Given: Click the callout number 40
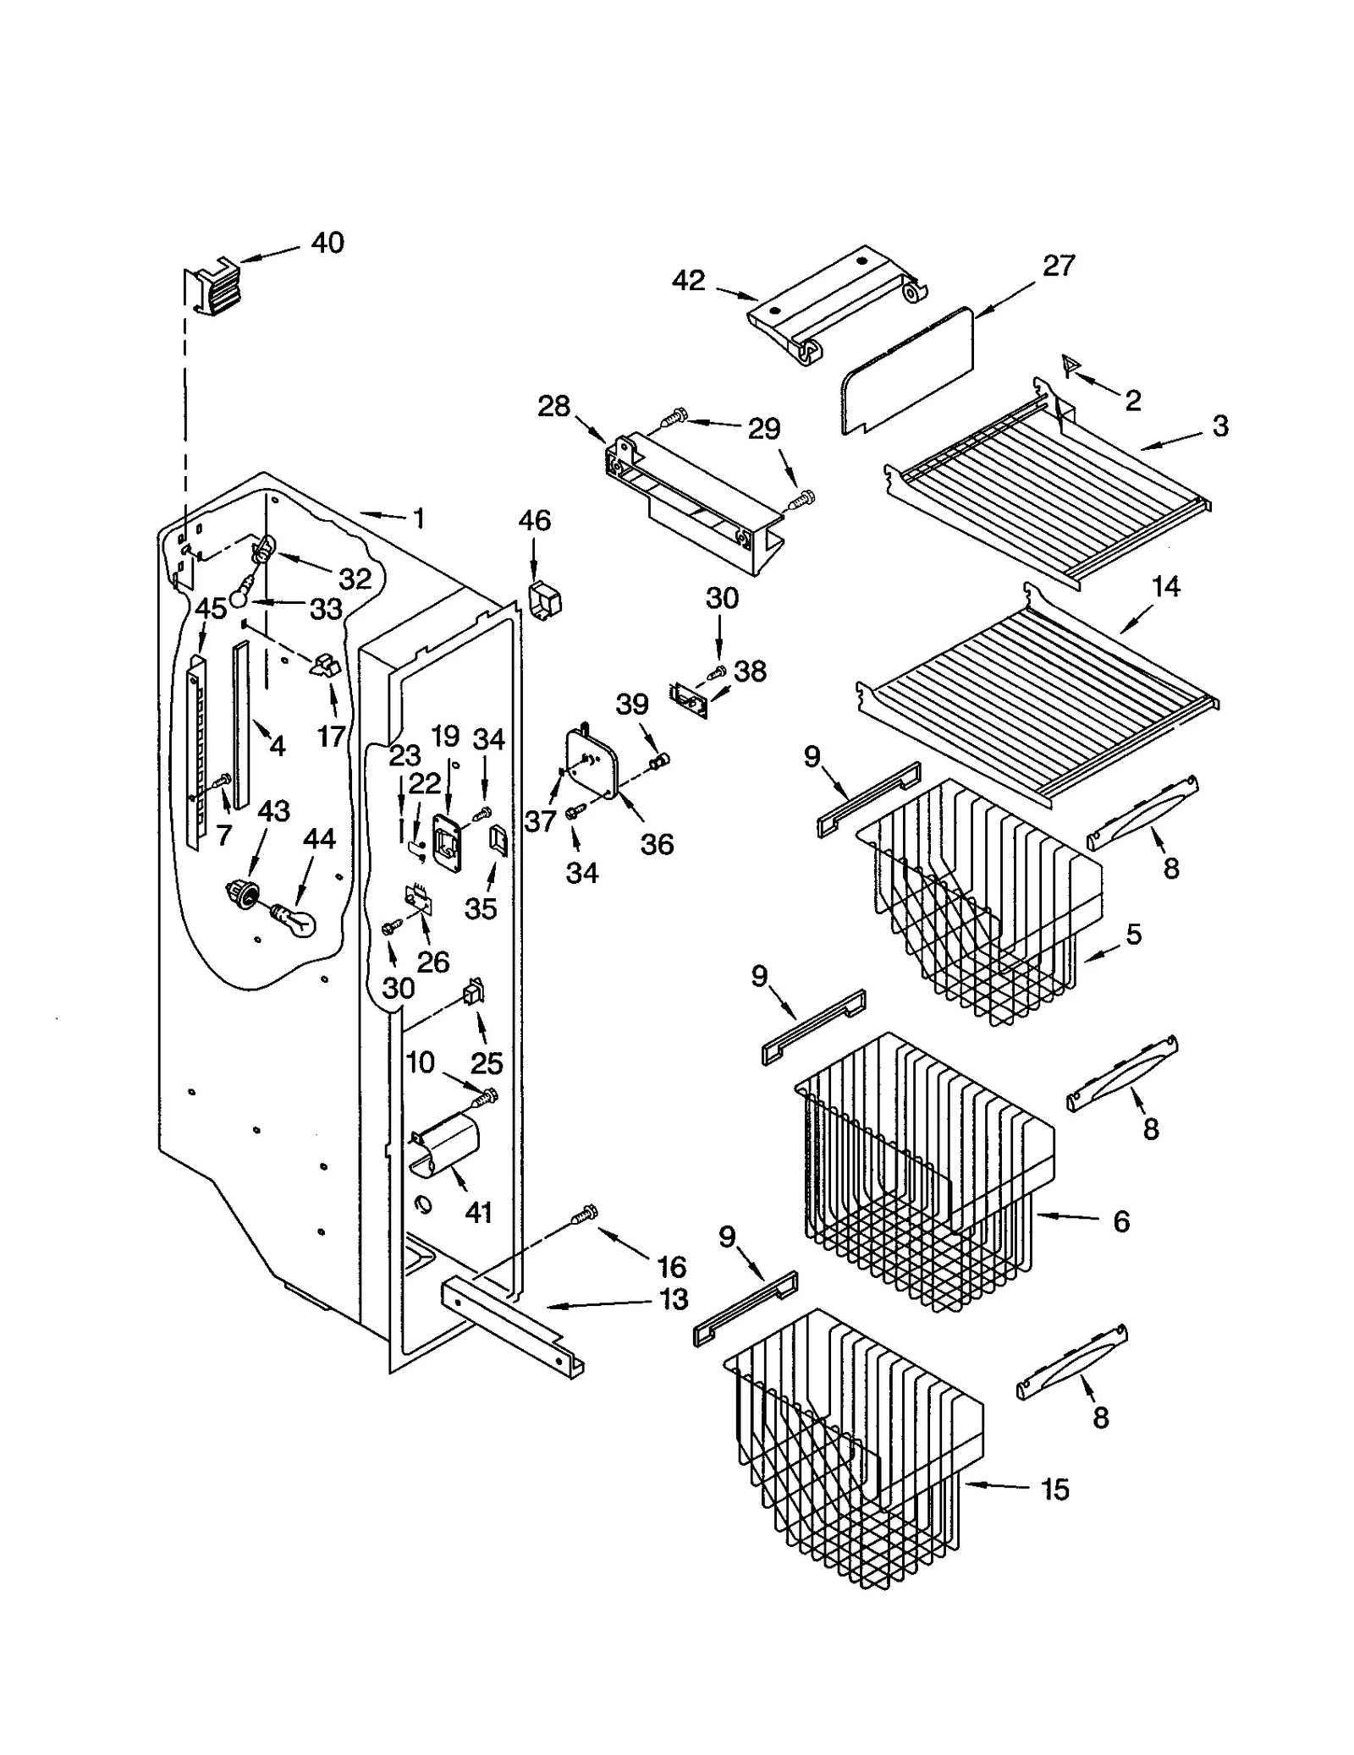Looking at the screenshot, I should pyautogui.click(x=327, y=244).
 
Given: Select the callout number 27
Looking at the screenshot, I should pyautogui.click(x=1058, y=266).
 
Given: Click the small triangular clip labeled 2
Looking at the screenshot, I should pyautogui.click(x=1071, y=366).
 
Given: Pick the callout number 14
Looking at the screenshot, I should pyautogui.click(x=1166, y=586).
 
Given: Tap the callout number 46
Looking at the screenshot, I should pyautogui.click(x=535, y=520).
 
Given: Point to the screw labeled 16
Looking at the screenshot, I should pyautogui.click(x=585, y=1215).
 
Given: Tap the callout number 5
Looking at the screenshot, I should pyautogui.click(x=1134, y=934).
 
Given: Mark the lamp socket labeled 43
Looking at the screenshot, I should pyautogui.click(x=241, y=892).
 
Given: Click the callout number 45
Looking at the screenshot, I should pyautogui.click(x=211, y=608).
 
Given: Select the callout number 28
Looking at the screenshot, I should pyautogui.click(x=554, y=406).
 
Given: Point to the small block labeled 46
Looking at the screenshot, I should pyautogui.click(x=547, y=601).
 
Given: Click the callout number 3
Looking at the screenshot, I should pyautogui.click(x=1219, y=425).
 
